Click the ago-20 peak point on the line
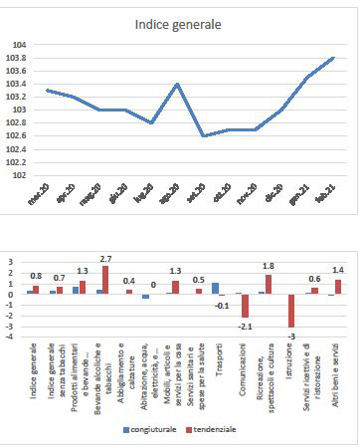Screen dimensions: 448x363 177,85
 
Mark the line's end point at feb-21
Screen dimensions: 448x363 332,58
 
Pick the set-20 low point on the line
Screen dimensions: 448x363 203,135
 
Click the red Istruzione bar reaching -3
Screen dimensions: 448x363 292,311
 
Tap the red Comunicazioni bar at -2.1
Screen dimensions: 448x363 245,306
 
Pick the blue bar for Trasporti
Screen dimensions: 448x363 215,289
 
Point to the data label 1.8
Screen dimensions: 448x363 268,266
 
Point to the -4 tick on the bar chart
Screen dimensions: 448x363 12,336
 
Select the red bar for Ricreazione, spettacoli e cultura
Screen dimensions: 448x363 269,284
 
